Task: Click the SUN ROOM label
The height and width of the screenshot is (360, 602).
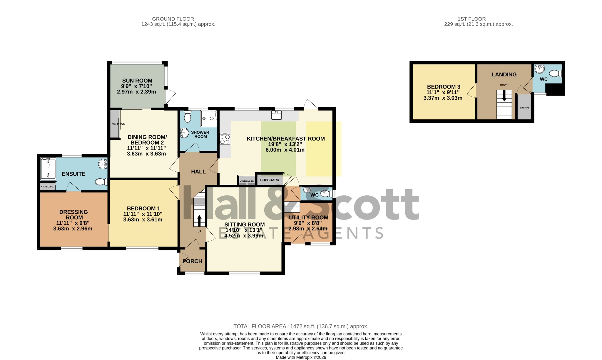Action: [x=137, y=81]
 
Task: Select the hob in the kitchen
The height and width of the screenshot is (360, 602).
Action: [x=225, y=139]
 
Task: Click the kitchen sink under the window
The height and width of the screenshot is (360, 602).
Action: [x=277, y=115]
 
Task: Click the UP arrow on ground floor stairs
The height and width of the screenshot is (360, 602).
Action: [x=199, y=221]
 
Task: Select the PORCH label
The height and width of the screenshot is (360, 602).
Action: [x=192, y=261]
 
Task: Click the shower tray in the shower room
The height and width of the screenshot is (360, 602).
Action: [x=209, y=118]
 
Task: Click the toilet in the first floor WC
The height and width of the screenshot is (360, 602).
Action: [x=555, y=73]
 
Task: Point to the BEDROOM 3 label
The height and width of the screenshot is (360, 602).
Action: [x=444, y=87]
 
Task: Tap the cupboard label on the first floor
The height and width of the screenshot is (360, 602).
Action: [x=524, y=108]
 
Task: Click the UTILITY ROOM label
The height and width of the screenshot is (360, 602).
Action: [x=308, y=217]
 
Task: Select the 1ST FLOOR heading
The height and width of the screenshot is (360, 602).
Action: [x=471, y=19]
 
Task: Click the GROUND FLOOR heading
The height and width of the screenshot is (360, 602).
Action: [x=173, y=19]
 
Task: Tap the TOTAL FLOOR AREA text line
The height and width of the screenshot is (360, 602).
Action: [x=301, y=326]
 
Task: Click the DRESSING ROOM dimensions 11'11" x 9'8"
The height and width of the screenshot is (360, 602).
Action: [x=73, y=223]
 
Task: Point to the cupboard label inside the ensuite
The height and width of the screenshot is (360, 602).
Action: [x=48, y=187]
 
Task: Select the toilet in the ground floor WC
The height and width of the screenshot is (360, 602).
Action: [x=325, y=194]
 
